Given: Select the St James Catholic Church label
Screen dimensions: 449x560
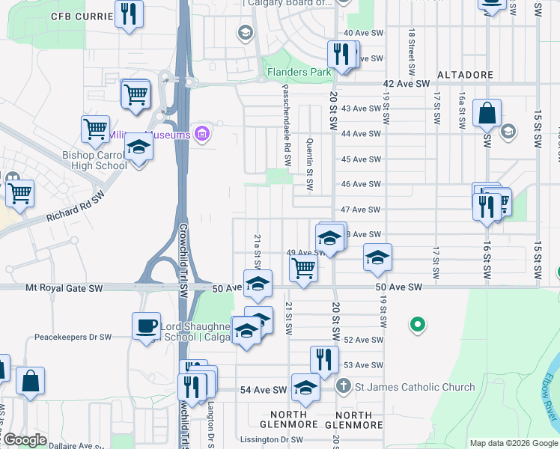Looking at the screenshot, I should tap(415, 387).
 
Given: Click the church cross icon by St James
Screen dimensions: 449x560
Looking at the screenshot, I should tap(343, 387).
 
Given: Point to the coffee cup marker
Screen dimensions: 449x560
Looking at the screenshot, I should tap(146, 326).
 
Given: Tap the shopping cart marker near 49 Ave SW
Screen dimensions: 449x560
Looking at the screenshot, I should tap(303, 267).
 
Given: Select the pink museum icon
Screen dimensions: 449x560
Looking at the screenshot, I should tap(201, 134).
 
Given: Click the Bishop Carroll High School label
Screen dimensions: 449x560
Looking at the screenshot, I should tap(94, 160).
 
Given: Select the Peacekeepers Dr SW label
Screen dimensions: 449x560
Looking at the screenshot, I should tap(73, 337).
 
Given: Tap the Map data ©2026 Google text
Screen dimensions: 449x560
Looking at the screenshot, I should tap(513, 443).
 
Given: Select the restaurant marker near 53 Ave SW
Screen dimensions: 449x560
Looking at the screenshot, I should tap(323, 358).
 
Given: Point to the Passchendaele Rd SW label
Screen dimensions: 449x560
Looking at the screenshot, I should tap(286, 124).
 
